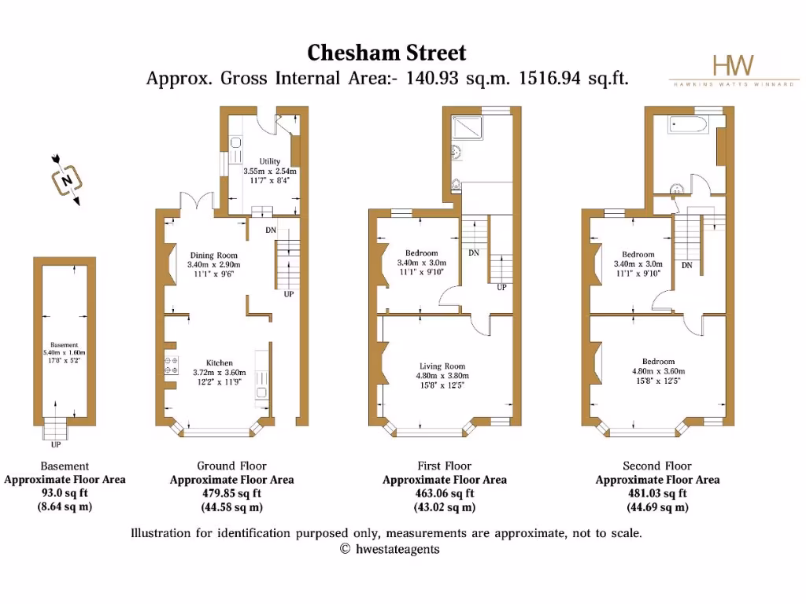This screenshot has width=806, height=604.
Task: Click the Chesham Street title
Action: pos(386,53)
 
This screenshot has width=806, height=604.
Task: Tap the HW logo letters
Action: pos(732,65)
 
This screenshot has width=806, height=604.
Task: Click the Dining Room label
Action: pos(213,256)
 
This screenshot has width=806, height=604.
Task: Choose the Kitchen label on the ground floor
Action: pos(219,363)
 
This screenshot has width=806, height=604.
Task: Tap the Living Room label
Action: pos(442,366)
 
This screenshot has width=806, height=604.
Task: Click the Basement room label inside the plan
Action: pos(65,344)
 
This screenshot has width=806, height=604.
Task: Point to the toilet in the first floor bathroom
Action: pos(457,186)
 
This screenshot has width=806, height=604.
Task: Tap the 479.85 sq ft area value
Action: pos(231,493)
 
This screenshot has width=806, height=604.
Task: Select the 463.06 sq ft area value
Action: pos(444,493)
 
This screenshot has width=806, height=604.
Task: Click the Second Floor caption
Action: pos(656,466)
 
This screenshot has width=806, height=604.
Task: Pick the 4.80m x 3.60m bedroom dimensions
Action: pos(658,371)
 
